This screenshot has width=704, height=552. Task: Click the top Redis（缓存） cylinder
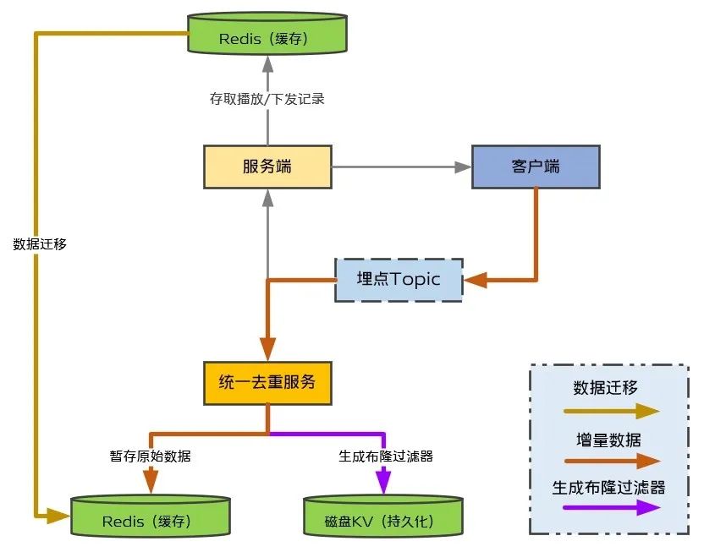tap(267, 34)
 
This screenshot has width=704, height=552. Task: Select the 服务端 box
tap(267, 167)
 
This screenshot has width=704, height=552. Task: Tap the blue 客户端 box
tap(536, 167)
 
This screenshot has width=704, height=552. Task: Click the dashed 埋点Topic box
tap(399, 280)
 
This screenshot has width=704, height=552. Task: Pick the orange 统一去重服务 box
tap(267, 383)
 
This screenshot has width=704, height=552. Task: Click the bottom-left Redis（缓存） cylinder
tap(151, 516)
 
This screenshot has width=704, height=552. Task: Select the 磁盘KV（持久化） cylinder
tap(383, 516)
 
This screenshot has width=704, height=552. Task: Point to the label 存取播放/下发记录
tap(267, 99)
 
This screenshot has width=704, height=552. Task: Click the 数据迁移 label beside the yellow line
tap(40, 244)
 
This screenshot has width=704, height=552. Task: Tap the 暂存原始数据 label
tap(151, 456)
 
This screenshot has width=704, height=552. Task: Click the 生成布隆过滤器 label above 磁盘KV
tap(386, 456)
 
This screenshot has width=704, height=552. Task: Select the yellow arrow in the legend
tap(612, 411)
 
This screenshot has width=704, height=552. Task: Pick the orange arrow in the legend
tap(612, 461)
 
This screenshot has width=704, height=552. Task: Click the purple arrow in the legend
tap(612, 507)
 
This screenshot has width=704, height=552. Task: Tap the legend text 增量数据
tap(608, 440)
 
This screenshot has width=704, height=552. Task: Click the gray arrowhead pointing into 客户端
tap(463, 167)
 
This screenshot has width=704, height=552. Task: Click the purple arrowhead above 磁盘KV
tap(383, 481)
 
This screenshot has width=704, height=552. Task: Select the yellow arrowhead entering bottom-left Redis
tap(58, 516)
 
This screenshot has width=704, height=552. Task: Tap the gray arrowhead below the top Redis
tap(268, 64)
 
